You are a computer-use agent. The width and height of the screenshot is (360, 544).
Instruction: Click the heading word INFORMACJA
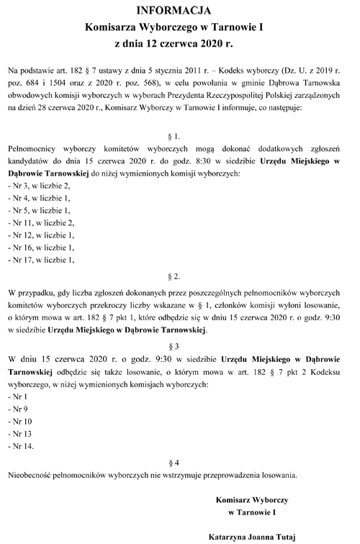pos(179,11)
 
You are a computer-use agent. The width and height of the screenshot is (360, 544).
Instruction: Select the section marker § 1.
pos(179,135)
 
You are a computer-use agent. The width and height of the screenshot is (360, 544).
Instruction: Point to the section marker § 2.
pos(179,276)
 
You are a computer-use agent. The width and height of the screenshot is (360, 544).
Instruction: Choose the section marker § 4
pos(179,461)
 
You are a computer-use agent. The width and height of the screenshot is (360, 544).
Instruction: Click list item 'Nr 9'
pos(18,409)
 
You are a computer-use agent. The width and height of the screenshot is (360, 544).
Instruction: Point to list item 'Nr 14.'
pos(21,445)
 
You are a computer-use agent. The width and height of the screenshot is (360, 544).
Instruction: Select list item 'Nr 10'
pos(20,421)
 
